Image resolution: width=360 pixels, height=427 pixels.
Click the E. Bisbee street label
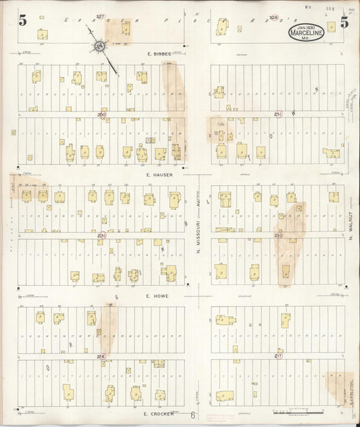[x=160, y=53]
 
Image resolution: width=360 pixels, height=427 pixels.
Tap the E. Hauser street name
[x=160, y=174]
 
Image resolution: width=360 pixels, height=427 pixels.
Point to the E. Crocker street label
[x=159, y=412]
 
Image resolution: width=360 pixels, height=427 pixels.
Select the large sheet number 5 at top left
[x=23, y=20]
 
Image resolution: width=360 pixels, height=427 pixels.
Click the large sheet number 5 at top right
[x=344, y=21]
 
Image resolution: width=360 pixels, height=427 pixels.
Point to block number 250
[x=101, y=115]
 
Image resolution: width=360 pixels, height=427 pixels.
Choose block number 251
[x=278, y=115]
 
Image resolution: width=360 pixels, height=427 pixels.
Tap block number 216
[x=101, y=355]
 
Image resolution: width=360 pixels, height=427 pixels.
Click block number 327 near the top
[x=101, y=16]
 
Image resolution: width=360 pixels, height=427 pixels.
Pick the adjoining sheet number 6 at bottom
[x=192, y=417]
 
